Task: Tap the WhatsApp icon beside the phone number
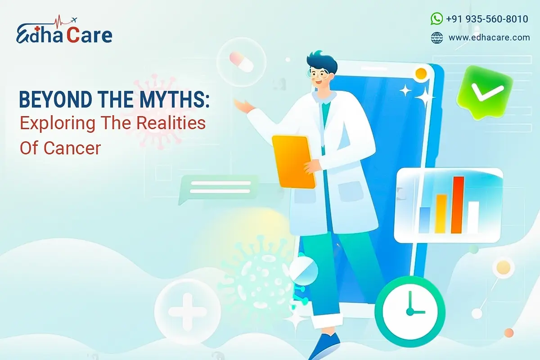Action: tap(436, 18)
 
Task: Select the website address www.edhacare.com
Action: tap(489, 38)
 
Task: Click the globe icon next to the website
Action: tap(436, 38)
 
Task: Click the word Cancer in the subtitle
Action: tap(72, 148)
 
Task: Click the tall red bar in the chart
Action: tap(458, 205)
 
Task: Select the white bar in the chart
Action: tap(473, 217)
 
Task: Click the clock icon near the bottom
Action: tap(410, 306)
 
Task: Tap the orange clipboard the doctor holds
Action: tap(294, 161)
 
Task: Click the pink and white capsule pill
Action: tap(242, 62)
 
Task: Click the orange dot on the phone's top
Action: tap(421, 73)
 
